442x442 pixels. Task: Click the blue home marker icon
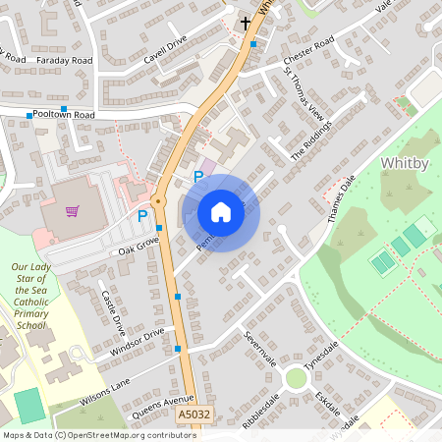click(x=221, y=212)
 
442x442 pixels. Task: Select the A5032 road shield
click(x=193, y=417)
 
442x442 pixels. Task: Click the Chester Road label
click(x=308, y=45)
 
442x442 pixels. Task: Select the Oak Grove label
click(x=138, y=246)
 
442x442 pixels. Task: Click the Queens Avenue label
click(x=158, y=406)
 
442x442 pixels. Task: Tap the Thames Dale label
click(x=340, y=201)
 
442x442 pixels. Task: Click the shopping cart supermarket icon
click(x=72, y=210)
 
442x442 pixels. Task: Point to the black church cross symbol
click(x=246, y=22)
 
